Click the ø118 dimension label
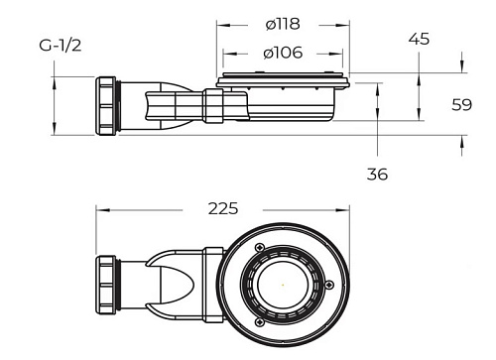click(283, 24)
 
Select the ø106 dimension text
click(283, 53)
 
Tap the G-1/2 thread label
click(61, 46)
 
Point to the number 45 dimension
click(419, 39)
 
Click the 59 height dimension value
click(462, 105)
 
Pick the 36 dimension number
click(377, 175)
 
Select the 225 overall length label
click(223, 208)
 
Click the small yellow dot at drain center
click(283, 285)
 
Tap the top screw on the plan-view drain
click(260, 247)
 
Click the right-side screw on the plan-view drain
click(329, 285)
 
